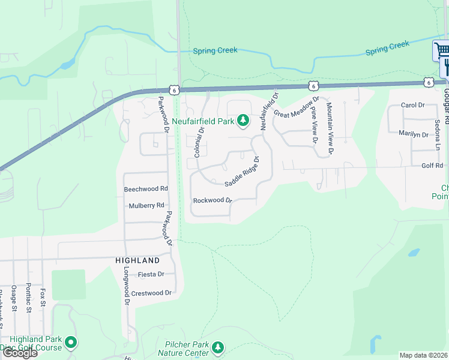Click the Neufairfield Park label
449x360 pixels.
coord(203,121)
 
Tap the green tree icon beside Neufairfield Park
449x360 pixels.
coord(243,121)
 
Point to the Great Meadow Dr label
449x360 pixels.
coord(297,106)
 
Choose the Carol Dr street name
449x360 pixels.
coord(412,105)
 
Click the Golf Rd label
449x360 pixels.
coord(432,165)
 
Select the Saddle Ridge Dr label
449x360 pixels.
coord(241,172)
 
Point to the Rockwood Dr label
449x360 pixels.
coord(212,200)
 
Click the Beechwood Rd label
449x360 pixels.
coord(146,188)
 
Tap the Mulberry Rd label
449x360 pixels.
coord(146,205)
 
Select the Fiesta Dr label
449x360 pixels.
coord(151,274)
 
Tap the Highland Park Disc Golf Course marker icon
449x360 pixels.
coord(71,343)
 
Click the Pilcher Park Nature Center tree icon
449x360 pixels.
coord(218,347)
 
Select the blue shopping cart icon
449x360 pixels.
coord(441,49)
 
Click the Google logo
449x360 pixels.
coord(19,353)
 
